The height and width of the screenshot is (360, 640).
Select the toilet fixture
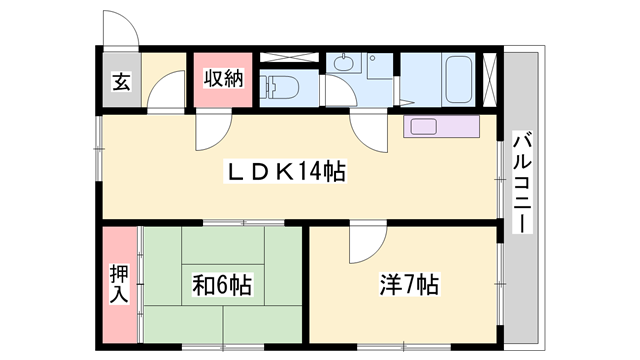coord(278,86)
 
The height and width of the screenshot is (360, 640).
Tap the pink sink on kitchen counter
coord(421,127)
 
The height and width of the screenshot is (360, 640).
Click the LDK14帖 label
coord(286,172)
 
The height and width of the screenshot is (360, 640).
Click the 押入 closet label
coord(119,285)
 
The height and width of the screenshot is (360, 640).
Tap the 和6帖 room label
coord(221,285)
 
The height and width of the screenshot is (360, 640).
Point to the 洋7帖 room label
coord(408,285)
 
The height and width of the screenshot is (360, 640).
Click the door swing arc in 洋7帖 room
coord(368,243)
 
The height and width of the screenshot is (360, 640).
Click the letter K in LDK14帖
coord(282,172)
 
